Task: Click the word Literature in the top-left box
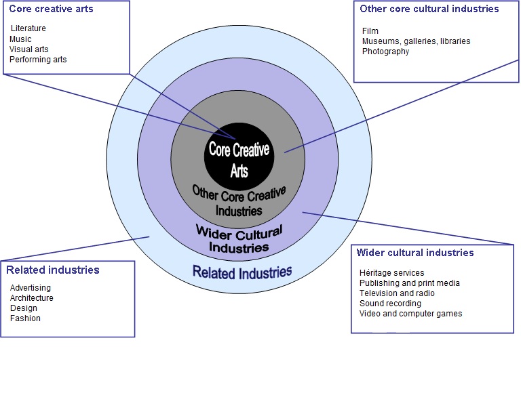(28, 28)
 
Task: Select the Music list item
(20, 39)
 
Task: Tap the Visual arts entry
(29, 49)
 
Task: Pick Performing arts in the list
(38, 60)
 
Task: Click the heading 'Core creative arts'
(51, 9)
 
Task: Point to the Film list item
(370, 31)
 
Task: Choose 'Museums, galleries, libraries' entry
(416, 41)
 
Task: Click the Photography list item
(385, 51)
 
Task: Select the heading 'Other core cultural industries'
(429, 9)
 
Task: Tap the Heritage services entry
(391, 272)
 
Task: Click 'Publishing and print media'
(409, 283)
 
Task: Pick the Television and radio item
(397, 293)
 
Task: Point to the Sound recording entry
(390, 304)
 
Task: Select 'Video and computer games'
(410, 314)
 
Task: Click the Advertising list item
(31, 288)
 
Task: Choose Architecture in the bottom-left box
(32, 298)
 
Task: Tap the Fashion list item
(25, 318)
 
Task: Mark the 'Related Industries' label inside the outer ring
(242, 272)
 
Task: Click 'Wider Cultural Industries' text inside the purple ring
(239, 239)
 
